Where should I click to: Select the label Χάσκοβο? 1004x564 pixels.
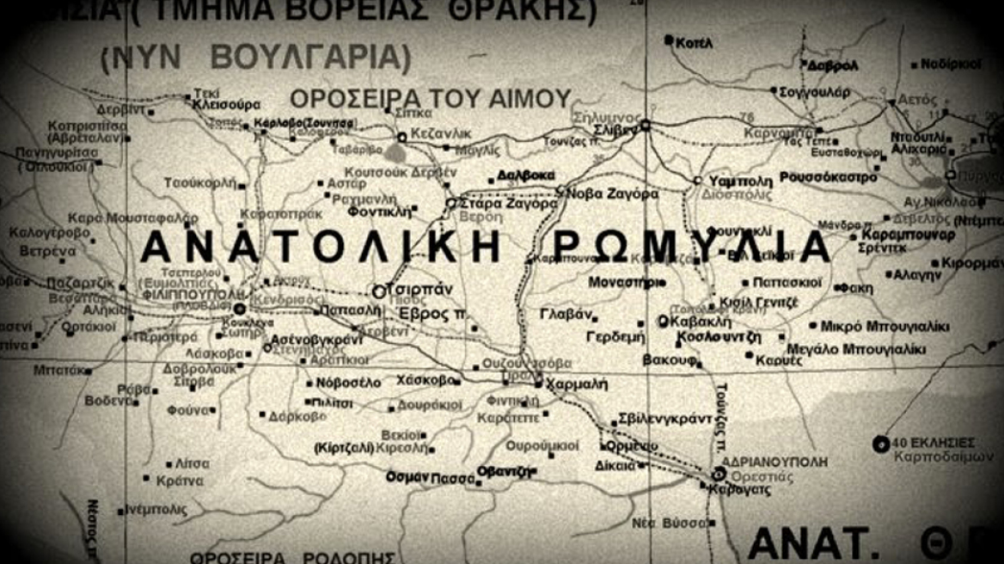point(425,380)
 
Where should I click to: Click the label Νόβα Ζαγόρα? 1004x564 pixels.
point(613,193)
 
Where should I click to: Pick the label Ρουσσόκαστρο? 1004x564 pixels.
point(829,178)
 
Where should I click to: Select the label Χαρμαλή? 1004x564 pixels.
point(572,384)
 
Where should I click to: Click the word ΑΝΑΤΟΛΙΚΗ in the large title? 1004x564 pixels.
point(320,248)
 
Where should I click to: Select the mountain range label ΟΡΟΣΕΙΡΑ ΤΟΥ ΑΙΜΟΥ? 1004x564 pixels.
point(431,98)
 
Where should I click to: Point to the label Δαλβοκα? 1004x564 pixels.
point(526,176)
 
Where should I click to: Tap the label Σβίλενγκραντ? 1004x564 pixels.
point(667,420)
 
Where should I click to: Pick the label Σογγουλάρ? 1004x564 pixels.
point(814,91)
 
